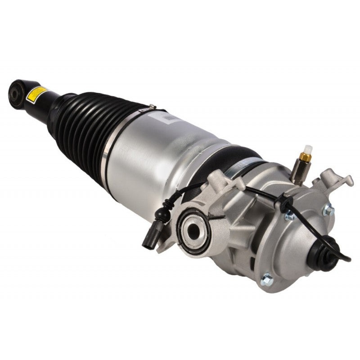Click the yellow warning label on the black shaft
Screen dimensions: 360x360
point(36,93)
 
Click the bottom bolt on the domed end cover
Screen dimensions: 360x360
point(267,280)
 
